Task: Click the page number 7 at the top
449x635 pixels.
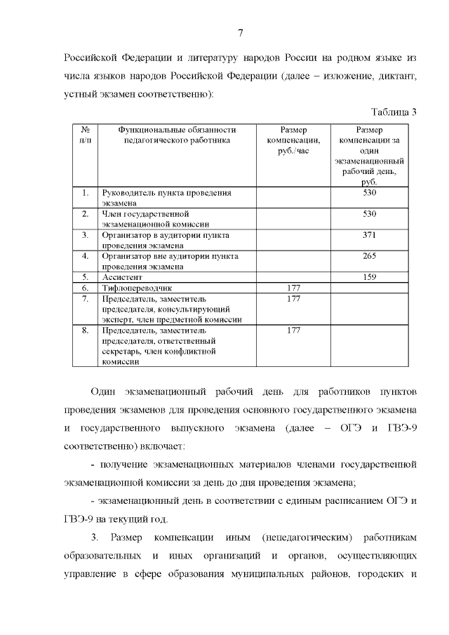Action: (240, 33)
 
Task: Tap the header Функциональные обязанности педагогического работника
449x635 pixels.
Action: (176, 135)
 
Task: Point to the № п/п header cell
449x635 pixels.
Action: (85, 135)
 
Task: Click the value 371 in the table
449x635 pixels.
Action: (370, 235)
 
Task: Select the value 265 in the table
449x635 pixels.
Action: (370, 256)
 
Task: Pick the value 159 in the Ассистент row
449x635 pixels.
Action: (370, 277)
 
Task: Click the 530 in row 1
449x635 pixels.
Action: (370, 192)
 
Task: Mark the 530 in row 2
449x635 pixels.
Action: (370, 213)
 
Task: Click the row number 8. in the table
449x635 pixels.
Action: (85, 330)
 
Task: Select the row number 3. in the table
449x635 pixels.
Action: (85, 235)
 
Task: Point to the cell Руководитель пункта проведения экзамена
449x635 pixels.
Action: (166, 197)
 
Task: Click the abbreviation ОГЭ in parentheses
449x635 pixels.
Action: (355, 427)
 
